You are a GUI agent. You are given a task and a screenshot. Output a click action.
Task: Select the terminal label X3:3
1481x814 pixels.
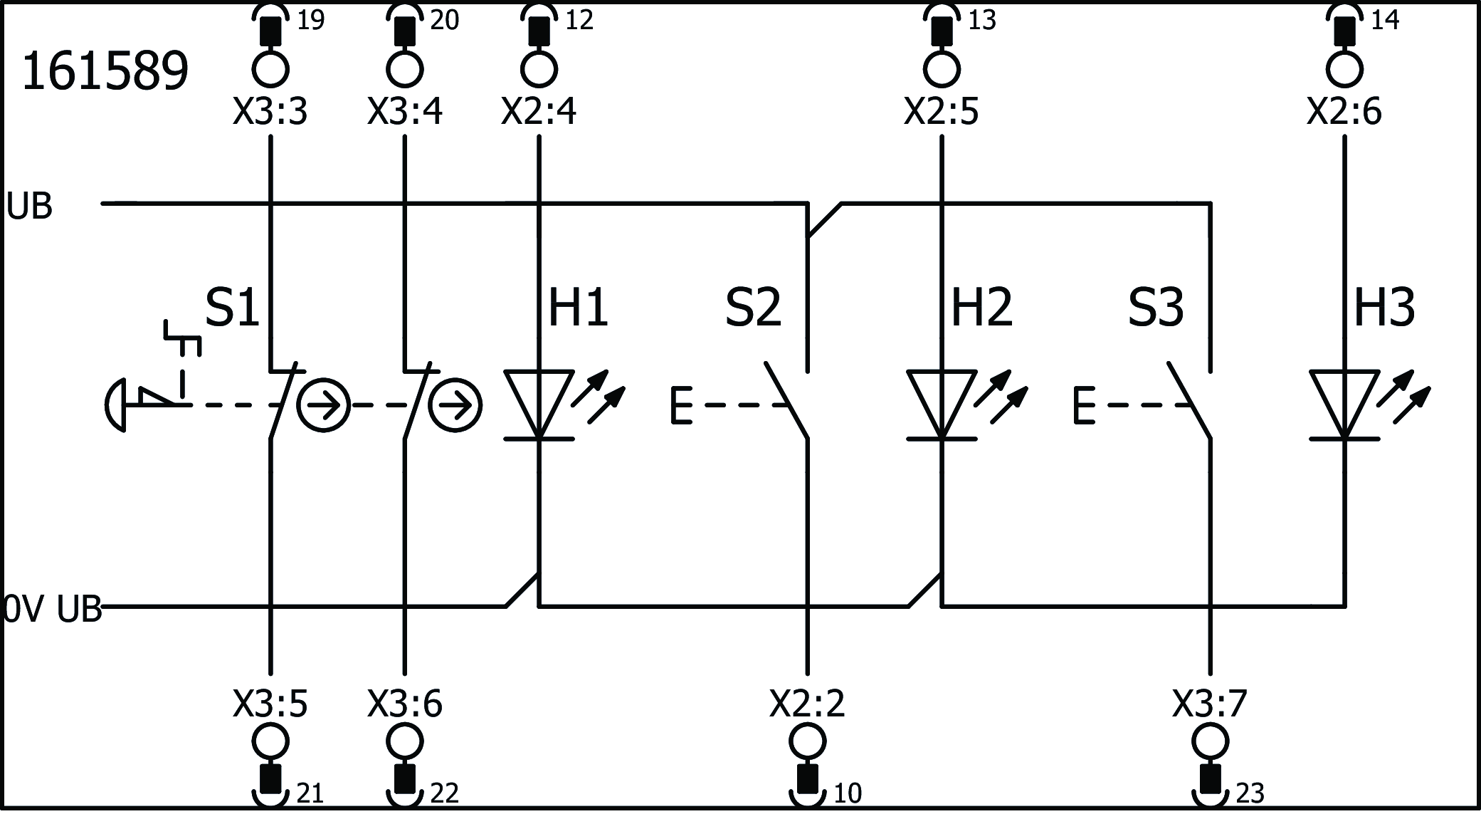click(270, 112)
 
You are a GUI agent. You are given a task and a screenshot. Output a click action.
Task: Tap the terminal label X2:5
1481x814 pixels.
click(941, 112)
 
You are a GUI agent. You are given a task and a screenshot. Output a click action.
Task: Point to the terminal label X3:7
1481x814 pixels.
click(1209, 704)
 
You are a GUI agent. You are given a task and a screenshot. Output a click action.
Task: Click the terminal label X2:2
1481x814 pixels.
click(807, 704)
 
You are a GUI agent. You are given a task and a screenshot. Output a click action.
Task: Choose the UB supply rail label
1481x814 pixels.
click(29, 207)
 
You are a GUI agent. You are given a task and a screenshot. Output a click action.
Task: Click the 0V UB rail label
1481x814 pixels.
click(53, 610)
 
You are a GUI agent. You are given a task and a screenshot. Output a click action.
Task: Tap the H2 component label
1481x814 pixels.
click(981, 308)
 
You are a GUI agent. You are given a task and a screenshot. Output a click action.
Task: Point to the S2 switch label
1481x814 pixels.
click(753, 308)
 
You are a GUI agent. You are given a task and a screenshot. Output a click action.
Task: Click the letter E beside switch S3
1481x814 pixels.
click(1083, 406)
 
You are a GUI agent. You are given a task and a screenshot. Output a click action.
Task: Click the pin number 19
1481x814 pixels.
click(310, 21)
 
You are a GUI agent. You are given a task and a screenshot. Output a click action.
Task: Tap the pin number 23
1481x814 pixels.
click(1250, 793)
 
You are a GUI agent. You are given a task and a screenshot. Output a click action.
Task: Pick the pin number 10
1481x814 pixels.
click(847, 793)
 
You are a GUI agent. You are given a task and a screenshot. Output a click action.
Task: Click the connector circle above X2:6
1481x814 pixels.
click(1344, 70)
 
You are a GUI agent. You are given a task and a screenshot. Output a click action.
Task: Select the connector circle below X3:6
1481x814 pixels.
click(405, 742)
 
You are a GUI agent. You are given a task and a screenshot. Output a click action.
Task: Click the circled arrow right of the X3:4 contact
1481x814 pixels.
click(456, 406)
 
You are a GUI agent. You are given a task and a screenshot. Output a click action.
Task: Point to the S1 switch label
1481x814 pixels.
click(232, 308)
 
